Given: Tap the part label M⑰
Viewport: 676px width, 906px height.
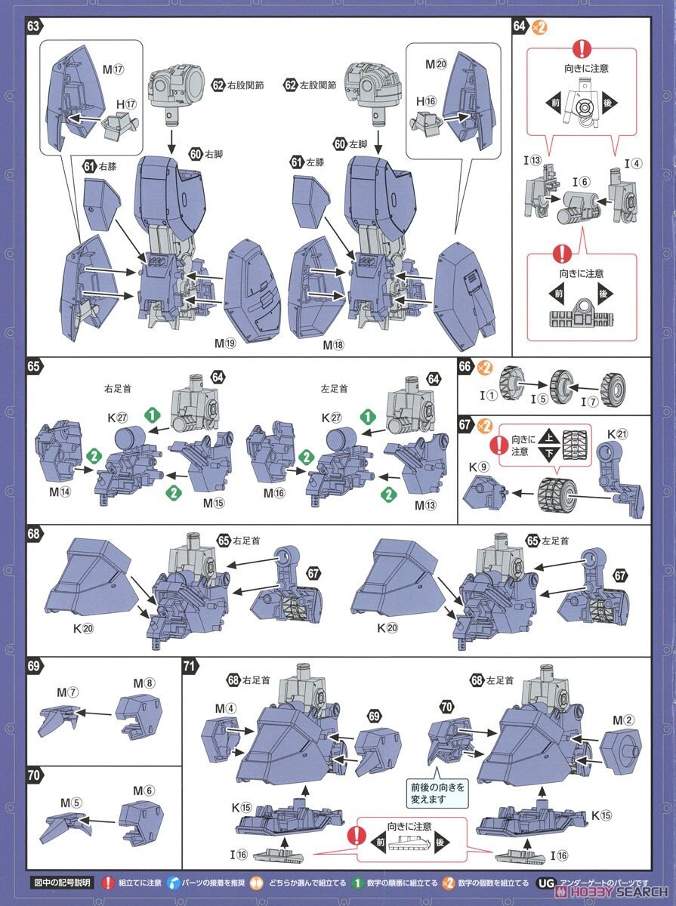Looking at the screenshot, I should (113, 69).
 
